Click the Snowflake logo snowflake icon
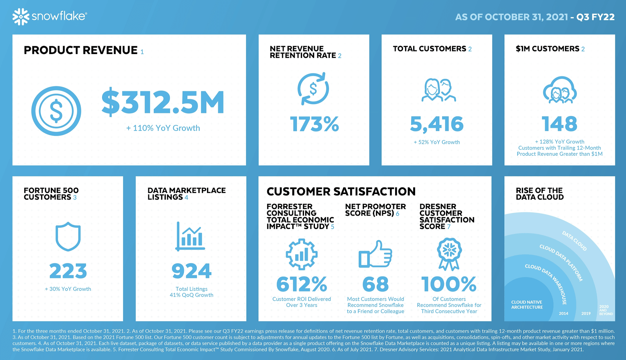point(21,16)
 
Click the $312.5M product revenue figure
point(163,103)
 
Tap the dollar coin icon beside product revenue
point(56,111)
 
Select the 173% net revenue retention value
point(314,124)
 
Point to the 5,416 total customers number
point(437,124)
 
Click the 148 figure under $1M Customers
point(559,124)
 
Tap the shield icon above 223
point(68,236)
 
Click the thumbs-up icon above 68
point(375,254)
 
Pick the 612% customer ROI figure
point(302,284)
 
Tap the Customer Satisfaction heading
point(341,191)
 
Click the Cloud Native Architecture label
point(527,304)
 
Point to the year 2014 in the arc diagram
point(563,313)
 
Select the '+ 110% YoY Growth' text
point(163,128)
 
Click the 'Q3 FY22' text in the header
point(595,17)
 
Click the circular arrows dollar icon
point(313,88)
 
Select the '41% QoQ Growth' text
point(191,295)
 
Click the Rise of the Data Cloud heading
point(540,194)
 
